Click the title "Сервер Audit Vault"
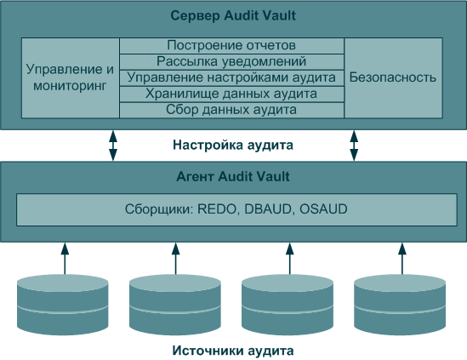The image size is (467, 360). click(x=233, y=15)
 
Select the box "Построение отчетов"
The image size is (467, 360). click(x=231, y=46)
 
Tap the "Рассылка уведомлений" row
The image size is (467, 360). click(x=231, y=62)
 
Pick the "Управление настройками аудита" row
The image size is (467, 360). click(x=231, y=78)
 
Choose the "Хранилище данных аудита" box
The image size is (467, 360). click(x=231, y=94)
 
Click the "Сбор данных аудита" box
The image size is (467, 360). click(x=231, y=111)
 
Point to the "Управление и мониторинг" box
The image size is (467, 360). click(x=71, y=78)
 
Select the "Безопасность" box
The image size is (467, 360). click(x=393, y=78)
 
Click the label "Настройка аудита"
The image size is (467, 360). click(x=233, y=146)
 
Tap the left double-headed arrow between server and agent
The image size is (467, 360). click(x=113, y=146)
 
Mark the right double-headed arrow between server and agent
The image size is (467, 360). click(x=354, y=146)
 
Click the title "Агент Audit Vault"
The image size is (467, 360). click(x=233, y=177)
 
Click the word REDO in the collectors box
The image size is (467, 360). click(x=217, y=209)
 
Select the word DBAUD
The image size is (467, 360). click(x=268, y=209)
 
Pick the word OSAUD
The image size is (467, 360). click(x=323, y=209)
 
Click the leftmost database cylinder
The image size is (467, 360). click(x=63, y=305)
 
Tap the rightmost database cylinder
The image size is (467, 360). click(x=400, y=305)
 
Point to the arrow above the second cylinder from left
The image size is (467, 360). click(x=175, y=259)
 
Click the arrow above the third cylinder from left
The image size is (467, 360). click(x=289, y=259)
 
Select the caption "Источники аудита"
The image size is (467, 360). click(x=233, y=351)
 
